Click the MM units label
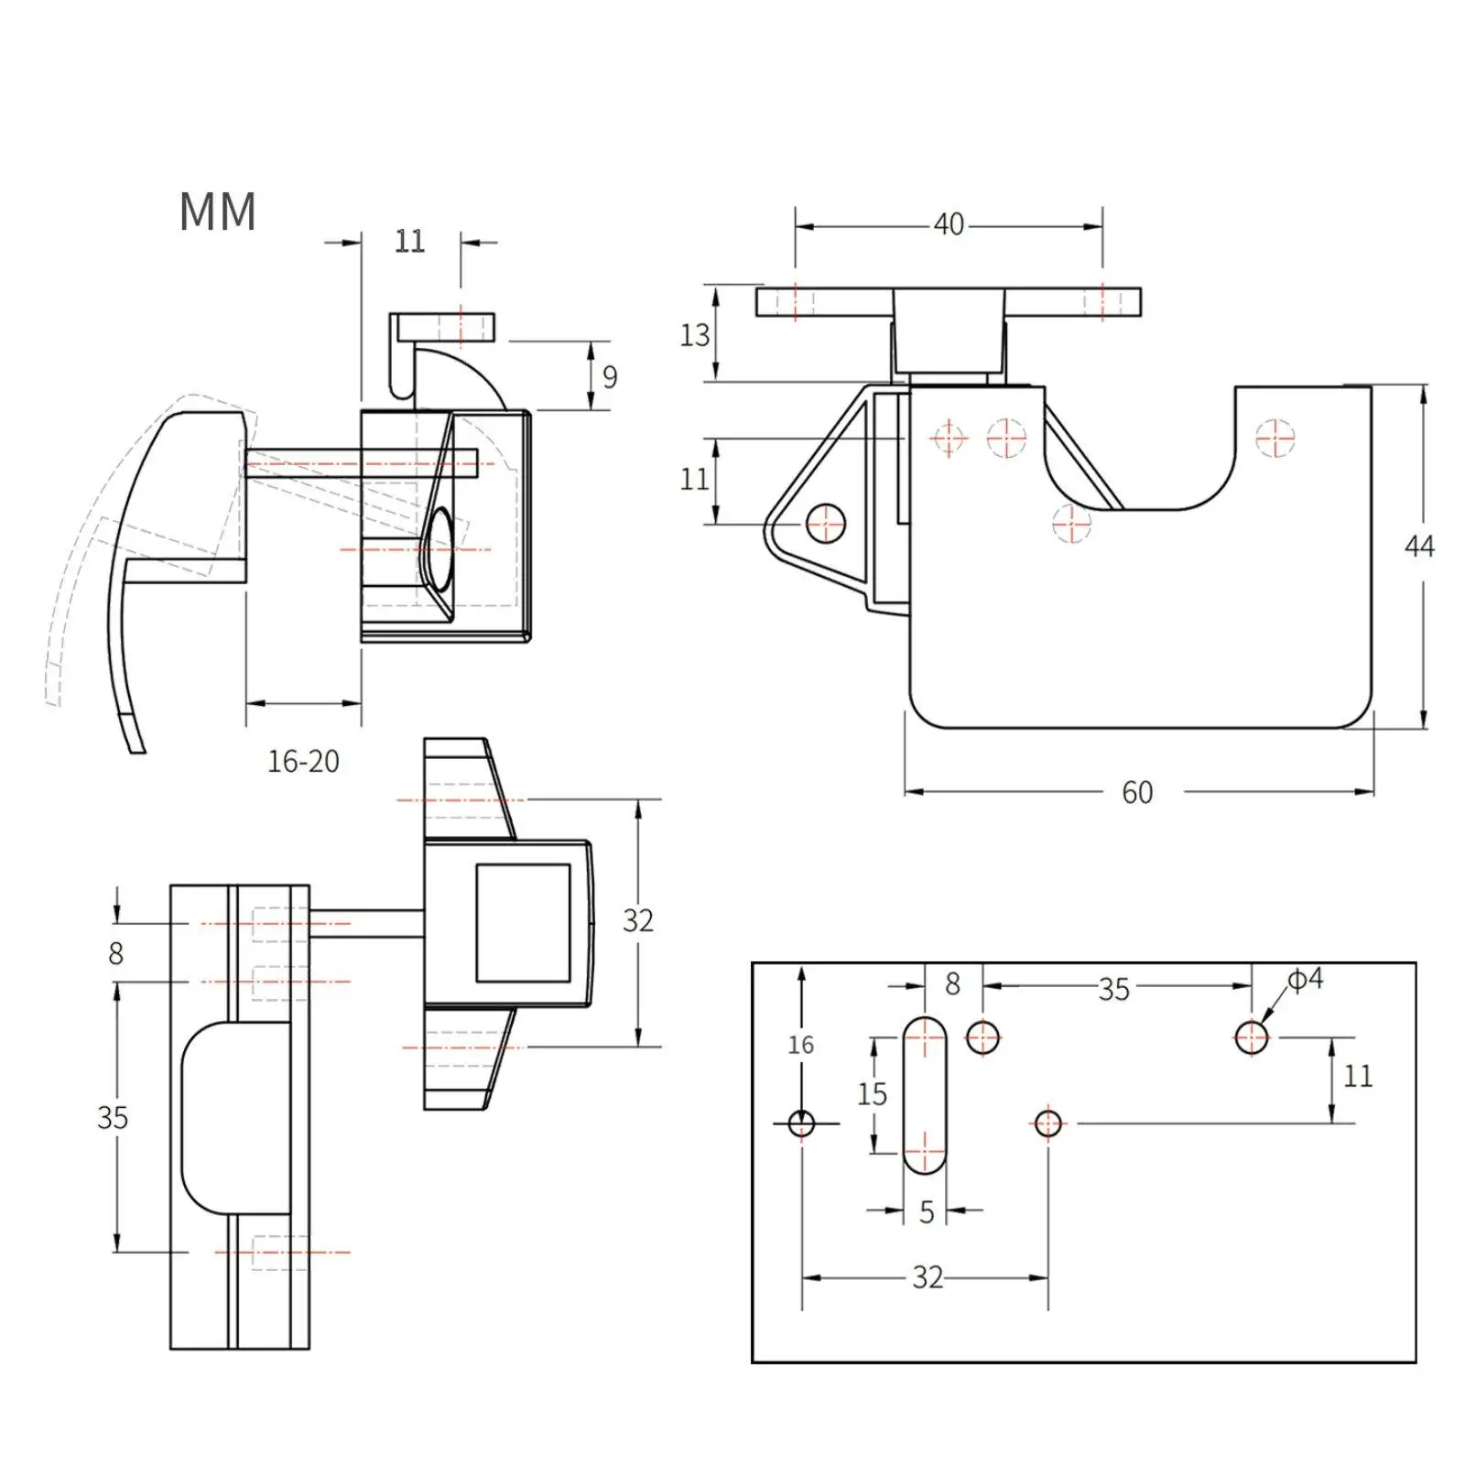(x=217, y=212)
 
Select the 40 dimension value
(x=949, y=224)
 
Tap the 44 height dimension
(x=1419, y=547)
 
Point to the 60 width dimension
(x=1137, y=792)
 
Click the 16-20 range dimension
(x=303, y=761)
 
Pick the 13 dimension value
(x=694, y=335)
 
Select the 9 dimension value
(x=610, y=376)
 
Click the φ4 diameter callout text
(x=1307, y=979)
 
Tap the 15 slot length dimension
(x=872, y=1093)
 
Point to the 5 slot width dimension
(x=927, y=1211)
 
